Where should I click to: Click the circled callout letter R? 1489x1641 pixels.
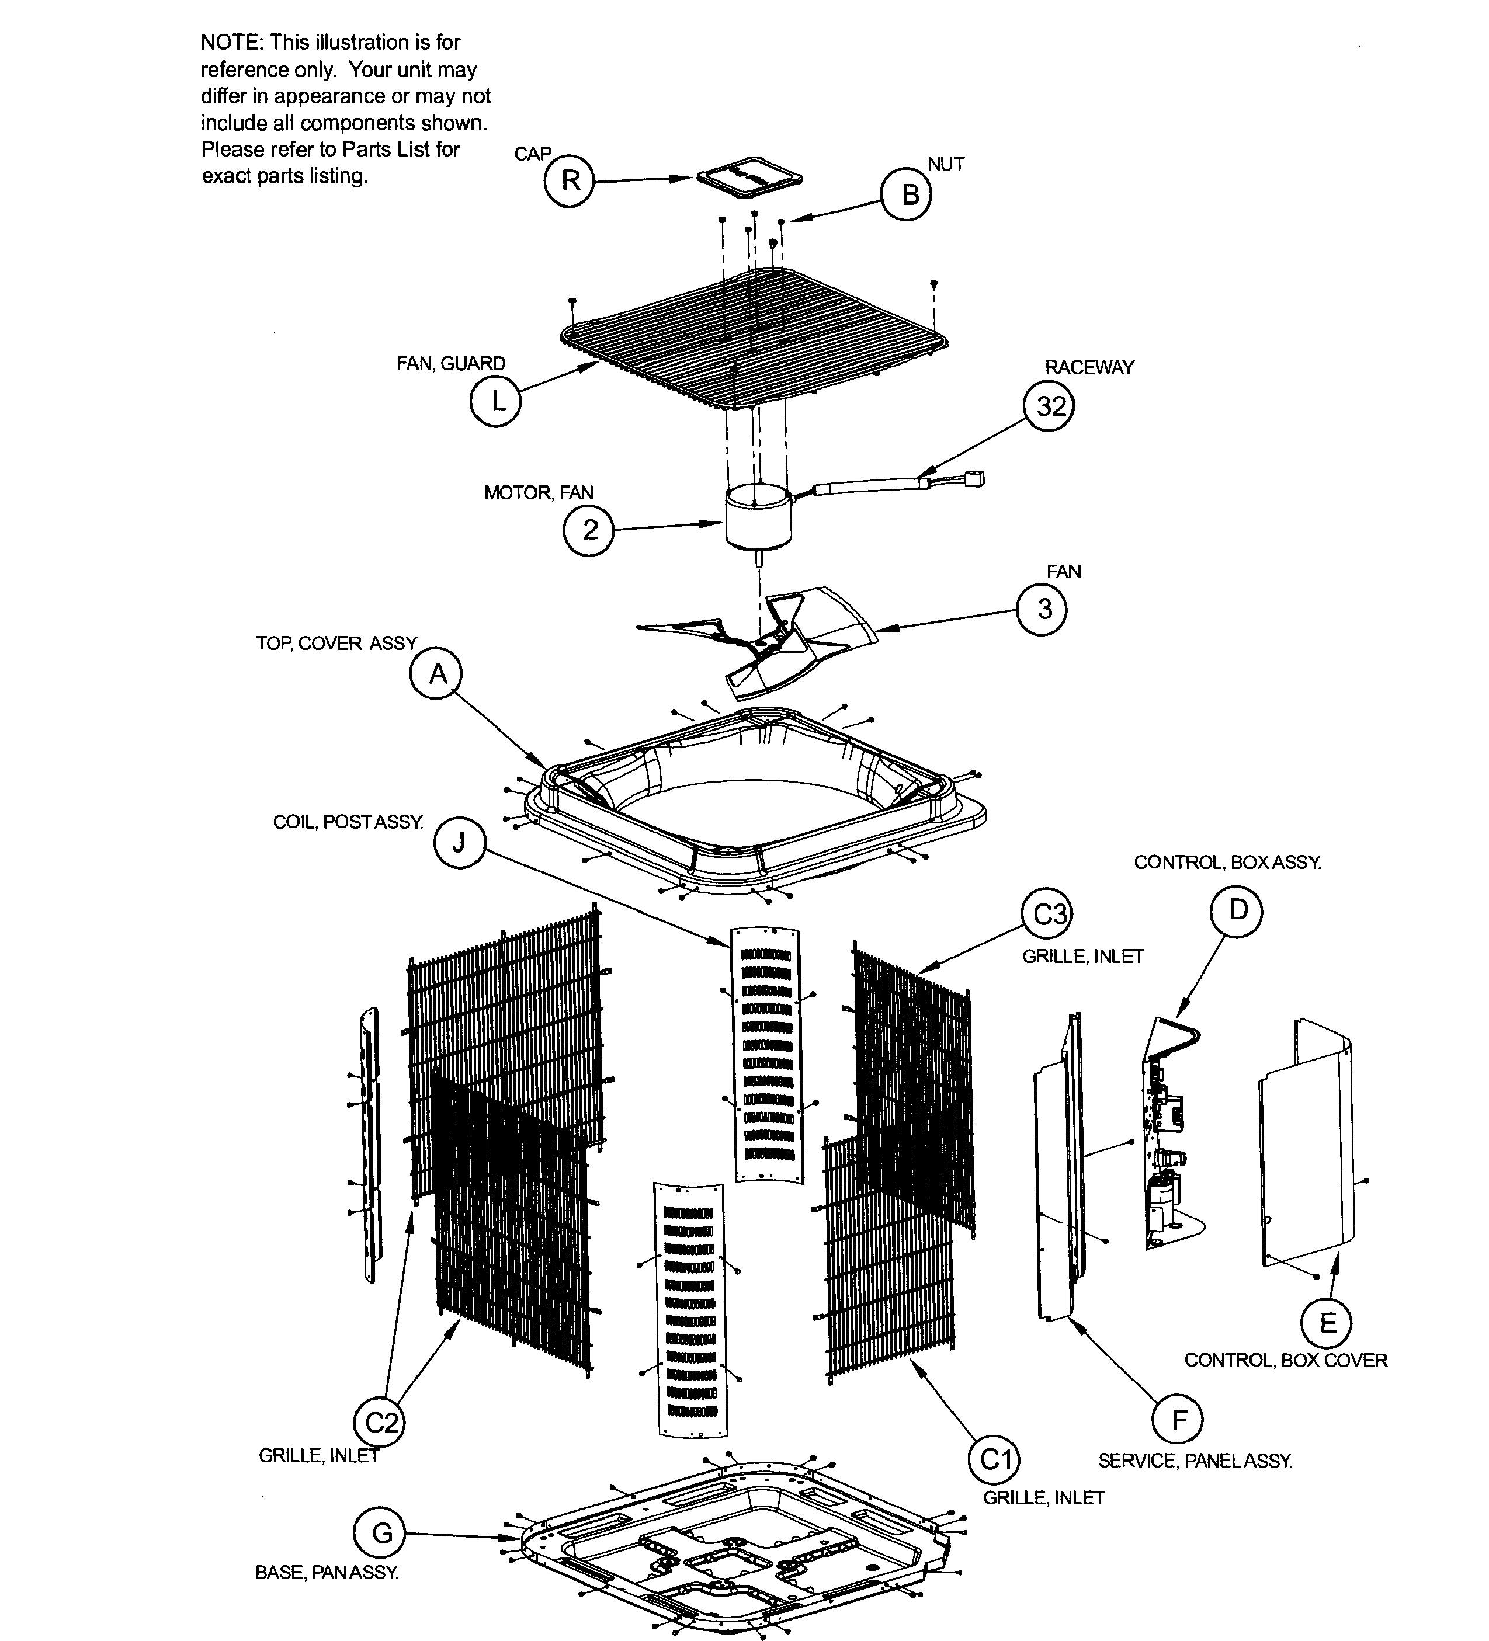(x=570, y=180)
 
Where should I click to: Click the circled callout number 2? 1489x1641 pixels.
(x=589, y=530)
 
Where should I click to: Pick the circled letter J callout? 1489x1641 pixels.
(x=459, y=843)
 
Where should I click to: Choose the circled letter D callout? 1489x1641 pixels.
(x=1237, y=911)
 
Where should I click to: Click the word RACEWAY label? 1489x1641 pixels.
(x=1089, y=368)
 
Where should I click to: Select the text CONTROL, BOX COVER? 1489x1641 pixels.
(x=1286, y=1360)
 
